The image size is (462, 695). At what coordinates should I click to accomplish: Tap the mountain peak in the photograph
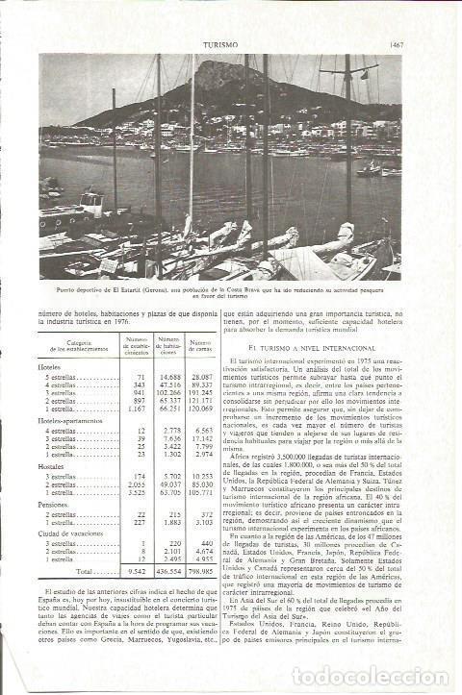pyautogui.click(x=209, y=65)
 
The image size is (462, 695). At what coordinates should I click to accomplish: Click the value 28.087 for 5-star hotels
pyautogui.click(x=201, y=378)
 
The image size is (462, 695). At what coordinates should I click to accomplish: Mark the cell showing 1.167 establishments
pyautogui.click(x=134, y=409)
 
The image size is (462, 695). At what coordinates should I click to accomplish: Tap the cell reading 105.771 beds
pyautogui.click(x=200, y=491)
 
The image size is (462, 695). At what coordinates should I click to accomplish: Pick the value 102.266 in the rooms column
pyautogui.click(x=167, y=393)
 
